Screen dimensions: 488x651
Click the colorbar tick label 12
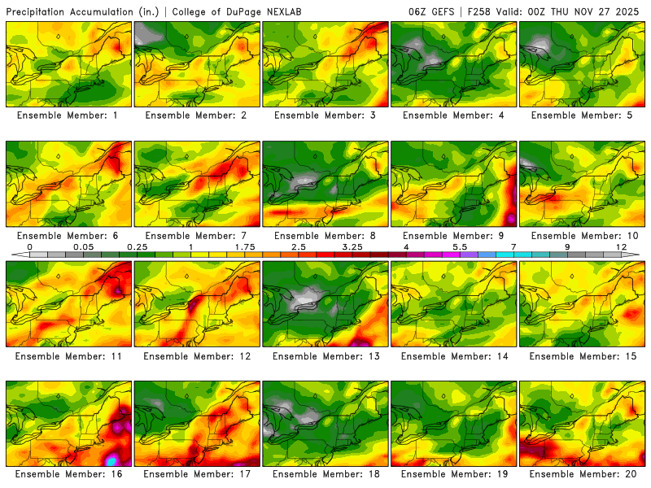621,246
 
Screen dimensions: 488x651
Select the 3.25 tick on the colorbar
352,246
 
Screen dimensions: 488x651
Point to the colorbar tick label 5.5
459,246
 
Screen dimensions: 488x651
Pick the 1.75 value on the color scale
244,246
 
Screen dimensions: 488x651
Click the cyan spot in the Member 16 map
111,460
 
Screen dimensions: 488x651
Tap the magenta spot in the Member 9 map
510,219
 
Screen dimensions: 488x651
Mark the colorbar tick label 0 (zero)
29,246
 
